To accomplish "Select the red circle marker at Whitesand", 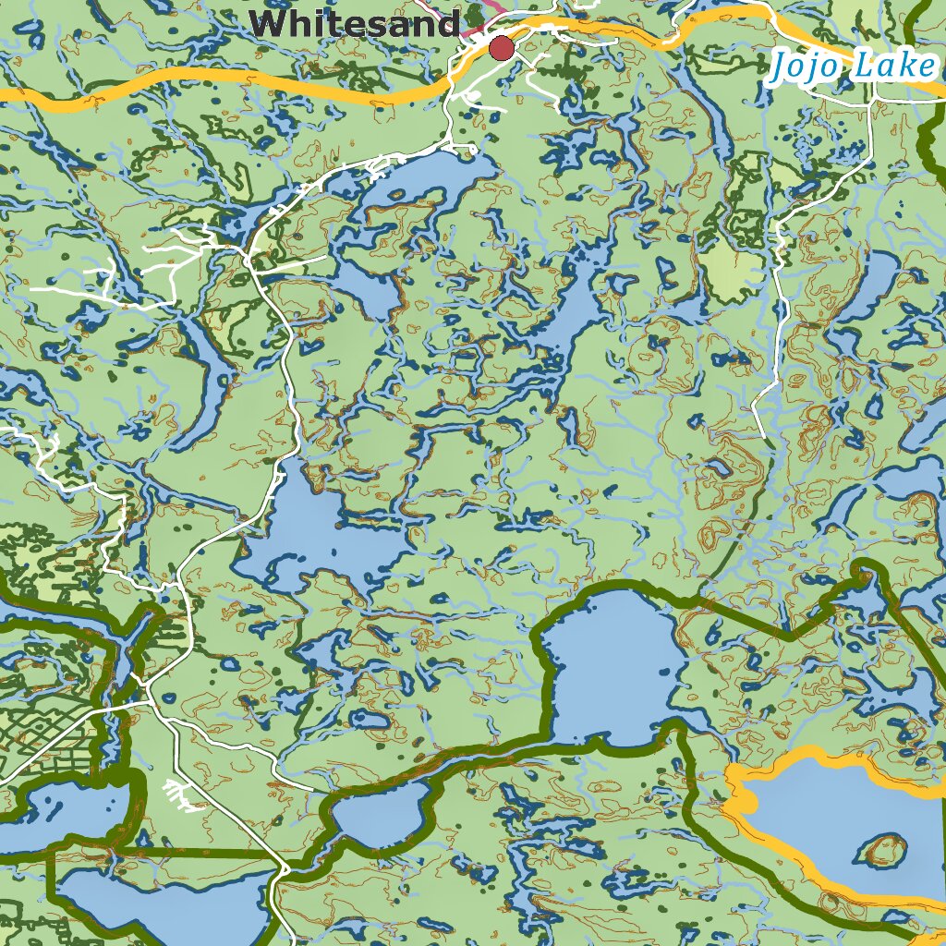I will click(502, 48).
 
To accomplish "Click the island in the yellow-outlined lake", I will click(883, 849).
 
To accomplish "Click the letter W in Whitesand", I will click(272, 23).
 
